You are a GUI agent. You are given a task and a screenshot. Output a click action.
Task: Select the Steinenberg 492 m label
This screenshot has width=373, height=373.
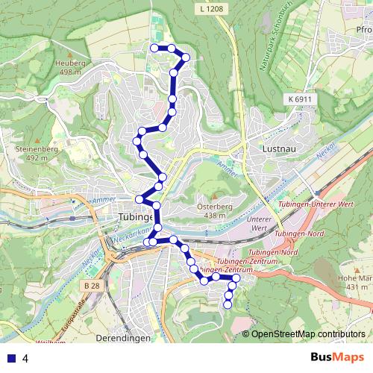pyautogui.click(x=26, y=153)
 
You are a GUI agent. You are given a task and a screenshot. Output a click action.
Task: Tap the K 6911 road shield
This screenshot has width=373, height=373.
pyautogui.click(x=297, y=98)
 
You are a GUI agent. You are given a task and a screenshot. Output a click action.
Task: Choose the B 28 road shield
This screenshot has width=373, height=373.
pyautogui.click(x=93, y=286)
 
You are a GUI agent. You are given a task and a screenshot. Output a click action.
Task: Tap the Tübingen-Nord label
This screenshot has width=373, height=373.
pyautogui.click(x=297, y=234)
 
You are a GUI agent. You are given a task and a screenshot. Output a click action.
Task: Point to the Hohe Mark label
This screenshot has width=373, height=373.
pyautogui.click(x=354, y=282)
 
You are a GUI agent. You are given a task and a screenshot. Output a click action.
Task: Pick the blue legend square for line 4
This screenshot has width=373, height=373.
pyautogui.click(x=11, y=358)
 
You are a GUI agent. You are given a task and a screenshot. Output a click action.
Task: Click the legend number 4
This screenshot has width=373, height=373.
pyautogui.click(x=25, y=358)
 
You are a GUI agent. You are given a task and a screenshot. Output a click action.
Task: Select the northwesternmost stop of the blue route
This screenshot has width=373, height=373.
pyautogui.click(x=154, y=48)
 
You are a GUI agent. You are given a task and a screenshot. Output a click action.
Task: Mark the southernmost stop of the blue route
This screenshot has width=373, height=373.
pyautogui.click(x=228, y=304)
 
